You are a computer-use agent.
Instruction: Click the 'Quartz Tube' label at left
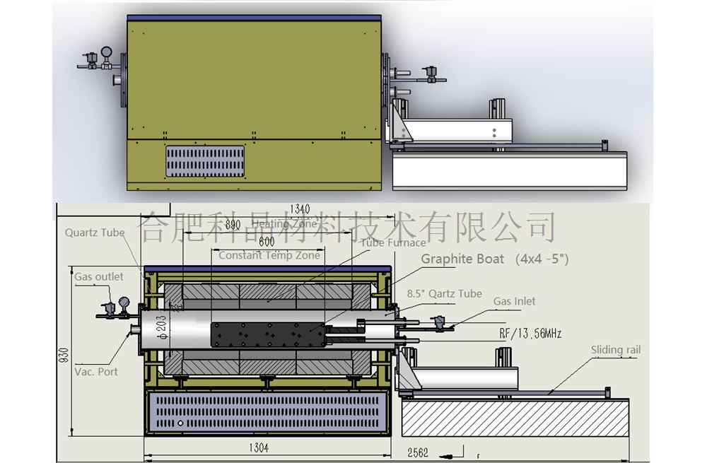(x=95, y=232)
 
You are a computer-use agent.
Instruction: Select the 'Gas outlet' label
(x=99, y=276)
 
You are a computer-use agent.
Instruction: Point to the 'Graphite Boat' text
(x=463, y=259)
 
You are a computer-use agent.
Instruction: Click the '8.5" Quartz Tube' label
(x=445, y=293)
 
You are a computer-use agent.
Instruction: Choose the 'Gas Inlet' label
(x=515, y=301)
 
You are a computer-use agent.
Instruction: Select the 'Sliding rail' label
(x=616, y=350)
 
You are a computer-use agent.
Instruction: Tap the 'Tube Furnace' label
(x=393, y=242)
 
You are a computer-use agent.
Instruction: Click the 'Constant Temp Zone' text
(x=269, y=255)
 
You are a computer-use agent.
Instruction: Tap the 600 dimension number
(x=267, y=241)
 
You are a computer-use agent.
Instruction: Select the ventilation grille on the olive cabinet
(x=205, y=161)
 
